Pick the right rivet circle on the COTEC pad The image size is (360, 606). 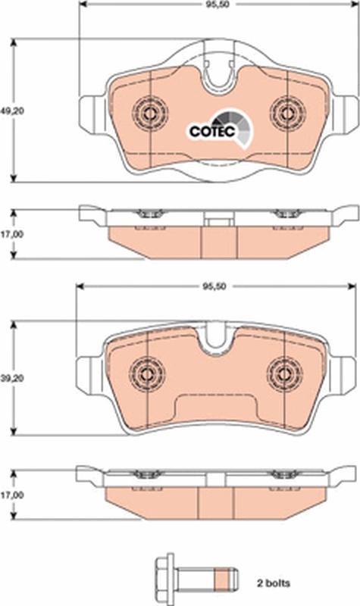click(x=286, y=114)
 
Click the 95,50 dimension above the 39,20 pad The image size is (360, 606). click(x=215, y=287)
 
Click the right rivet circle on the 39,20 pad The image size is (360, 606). click(x=285, y=372)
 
